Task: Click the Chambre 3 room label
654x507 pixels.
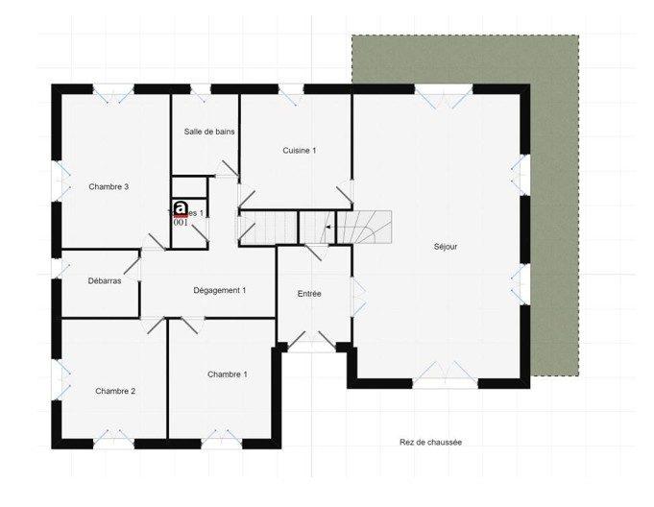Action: point(109,186)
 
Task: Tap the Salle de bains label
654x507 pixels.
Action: point(209,132)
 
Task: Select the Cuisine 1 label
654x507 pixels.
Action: point(299,151)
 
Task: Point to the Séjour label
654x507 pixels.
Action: point(445,247)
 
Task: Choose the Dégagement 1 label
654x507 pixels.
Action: point(220,290)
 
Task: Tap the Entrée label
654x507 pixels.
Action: point(308,294)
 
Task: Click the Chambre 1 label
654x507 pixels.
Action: point(227,374)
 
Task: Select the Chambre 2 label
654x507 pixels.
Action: point(115,391)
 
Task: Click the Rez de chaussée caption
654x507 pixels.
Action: point(430,443)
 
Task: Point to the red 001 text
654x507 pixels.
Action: point(180,222)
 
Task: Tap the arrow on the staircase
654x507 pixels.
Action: point(330,228)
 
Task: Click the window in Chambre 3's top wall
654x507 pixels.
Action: point(113,90)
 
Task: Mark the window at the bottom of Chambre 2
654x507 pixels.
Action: point(112,441)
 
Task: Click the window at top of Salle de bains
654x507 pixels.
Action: point(200,90)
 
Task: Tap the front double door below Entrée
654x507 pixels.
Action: point(312,342)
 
